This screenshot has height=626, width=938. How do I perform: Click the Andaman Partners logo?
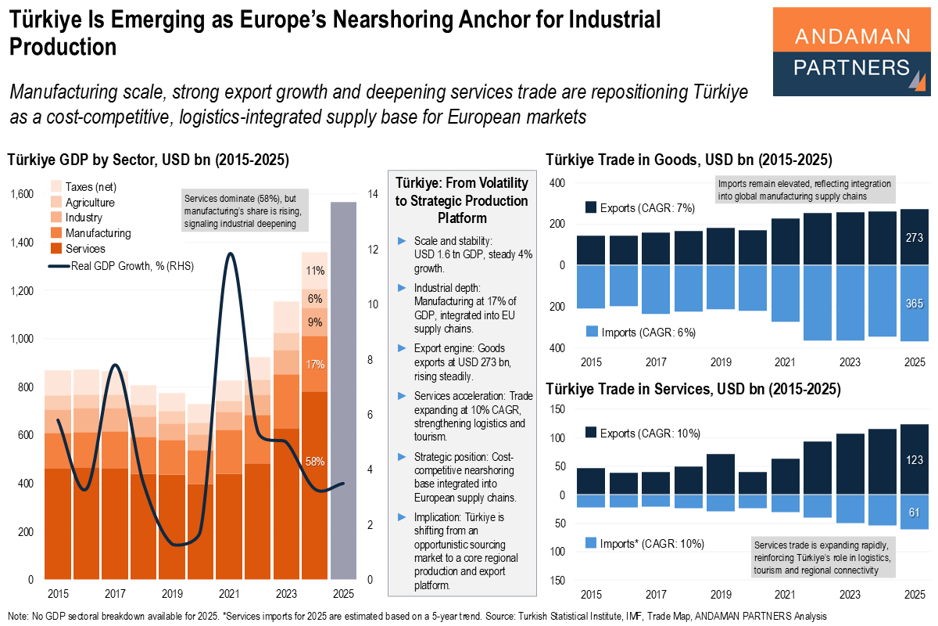[851, 52]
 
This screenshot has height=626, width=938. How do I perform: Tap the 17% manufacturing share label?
[315, 364]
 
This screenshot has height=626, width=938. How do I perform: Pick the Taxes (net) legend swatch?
[57, 186]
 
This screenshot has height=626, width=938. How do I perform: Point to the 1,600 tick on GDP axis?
[22, 194]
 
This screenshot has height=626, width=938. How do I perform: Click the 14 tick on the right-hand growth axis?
[371, 194]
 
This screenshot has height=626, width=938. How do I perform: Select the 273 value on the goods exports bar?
[914, 238]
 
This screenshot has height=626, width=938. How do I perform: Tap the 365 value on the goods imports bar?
[914, 303]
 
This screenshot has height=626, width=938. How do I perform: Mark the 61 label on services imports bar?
[915, 513]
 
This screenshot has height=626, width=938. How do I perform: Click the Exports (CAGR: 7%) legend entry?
[639, 208]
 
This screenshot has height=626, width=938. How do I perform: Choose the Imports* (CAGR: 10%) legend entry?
[644, 543]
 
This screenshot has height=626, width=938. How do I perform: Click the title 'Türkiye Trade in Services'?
[693, 388]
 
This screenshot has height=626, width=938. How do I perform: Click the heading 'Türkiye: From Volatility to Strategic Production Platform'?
[461, 200]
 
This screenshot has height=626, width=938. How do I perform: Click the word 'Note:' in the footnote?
[20, 617]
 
